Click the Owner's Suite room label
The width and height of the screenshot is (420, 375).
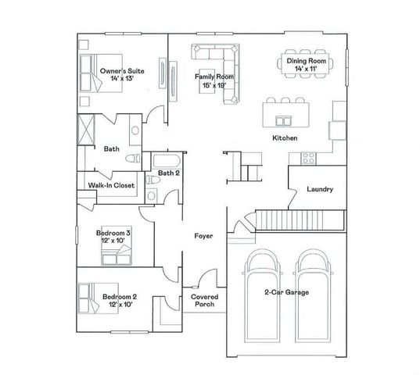click(x=122, y=74)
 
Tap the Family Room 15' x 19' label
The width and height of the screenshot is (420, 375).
click(x=214, y=80)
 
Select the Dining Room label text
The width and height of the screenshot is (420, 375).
click(x=306, y=61)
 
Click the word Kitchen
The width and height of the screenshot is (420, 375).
click(x=285, y=138)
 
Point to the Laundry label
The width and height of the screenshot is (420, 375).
click(x=320, y=189)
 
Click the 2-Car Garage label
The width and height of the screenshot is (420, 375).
click(x=286, y=292)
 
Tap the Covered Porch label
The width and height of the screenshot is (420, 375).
click(x=204, y=300)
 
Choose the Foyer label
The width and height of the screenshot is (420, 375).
click(x=203, y=236)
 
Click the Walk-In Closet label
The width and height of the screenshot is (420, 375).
click(x=111, y=185)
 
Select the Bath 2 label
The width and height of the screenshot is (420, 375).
click(x=168, y=173)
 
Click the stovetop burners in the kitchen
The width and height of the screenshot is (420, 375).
click(x=309, y=158)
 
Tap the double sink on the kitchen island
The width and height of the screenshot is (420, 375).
click(x=283, y=121)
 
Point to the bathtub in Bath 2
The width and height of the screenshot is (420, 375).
click(x=167, y=160)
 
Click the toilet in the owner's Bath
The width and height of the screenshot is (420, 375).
click(x=133, y=159)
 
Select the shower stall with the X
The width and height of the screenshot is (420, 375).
click(x=86, y=130)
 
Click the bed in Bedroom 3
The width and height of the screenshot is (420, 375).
click(x=117, y=245)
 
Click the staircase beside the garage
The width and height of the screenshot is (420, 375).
click(x=300, y=220)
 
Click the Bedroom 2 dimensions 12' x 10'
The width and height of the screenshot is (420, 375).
click(x=120, y=304)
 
